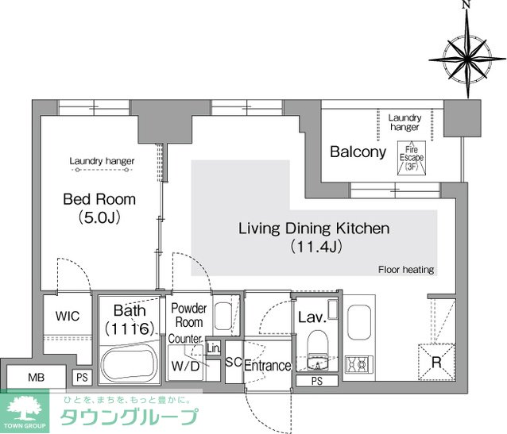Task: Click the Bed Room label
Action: tap(99, 199)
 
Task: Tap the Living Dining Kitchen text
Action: tap(314, 229)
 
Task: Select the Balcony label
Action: tap(358, 152)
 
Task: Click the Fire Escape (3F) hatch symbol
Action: tap(412, 158)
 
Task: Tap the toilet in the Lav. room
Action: tap(317, 344)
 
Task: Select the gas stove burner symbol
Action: tap(359, 364)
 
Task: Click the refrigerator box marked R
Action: tap(436, 363)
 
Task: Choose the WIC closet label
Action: tap(68, 316)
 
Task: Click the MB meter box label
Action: tap(37, 377)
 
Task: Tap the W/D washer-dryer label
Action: tap(186, 366)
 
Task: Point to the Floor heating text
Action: tap(406, 269)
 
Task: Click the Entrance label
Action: tap(267, 366)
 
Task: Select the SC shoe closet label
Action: tap(234, 362)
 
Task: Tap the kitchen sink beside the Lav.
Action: tap(359, 322)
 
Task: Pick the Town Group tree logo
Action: tap(25, 411)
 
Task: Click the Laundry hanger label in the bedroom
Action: tap(102, 161)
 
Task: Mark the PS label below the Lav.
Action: tap(317, 381)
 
